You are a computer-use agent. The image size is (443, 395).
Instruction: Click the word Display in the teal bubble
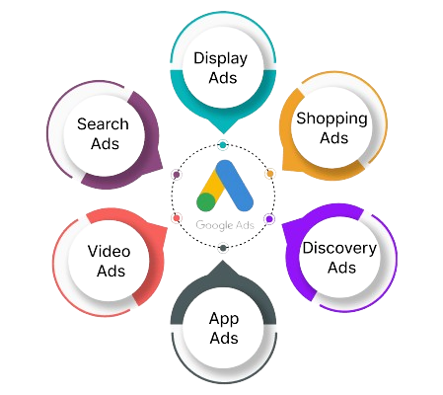(220, 59)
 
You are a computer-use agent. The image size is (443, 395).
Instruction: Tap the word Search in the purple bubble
(103, 124)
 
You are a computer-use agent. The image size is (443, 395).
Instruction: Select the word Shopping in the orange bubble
(332, 119)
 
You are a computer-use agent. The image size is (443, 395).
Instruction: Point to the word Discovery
(339, 249)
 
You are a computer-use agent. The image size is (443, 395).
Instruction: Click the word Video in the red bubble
(109, 252)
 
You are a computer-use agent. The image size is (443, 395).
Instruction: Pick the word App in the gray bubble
(224, 319)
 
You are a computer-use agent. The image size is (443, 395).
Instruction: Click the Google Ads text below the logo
(225, 225)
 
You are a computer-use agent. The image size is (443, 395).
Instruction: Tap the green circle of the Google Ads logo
(206, 201)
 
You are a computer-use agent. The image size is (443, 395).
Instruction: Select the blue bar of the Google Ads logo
(234, 185)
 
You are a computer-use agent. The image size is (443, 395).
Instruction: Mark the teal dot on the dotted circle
(223, 145)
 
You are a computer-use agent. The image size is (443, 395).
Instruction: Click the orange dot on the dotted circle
(269, 174)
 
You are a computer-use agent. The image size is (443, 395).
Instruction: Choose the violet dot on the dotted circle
(269, 218)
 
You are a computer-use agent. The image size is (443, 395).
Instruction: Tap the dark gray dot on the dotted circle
(223, 248)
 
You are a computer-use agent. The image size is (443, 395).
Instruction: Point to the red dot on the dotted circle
(177, 218)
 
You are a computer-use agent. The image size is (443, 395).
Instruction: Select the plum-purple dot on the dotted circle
(177, 174)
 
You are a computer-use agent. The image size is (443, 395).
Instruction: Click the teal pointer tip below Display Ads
(223, 133)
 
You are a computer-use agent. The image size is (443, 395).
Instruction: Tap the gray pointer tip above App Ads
(223, 261)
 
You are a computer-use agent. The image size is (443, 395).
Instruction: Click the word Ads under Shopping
(333, 138)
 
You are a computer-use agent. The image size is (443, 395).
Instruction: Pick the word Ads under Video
(111, 271)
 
